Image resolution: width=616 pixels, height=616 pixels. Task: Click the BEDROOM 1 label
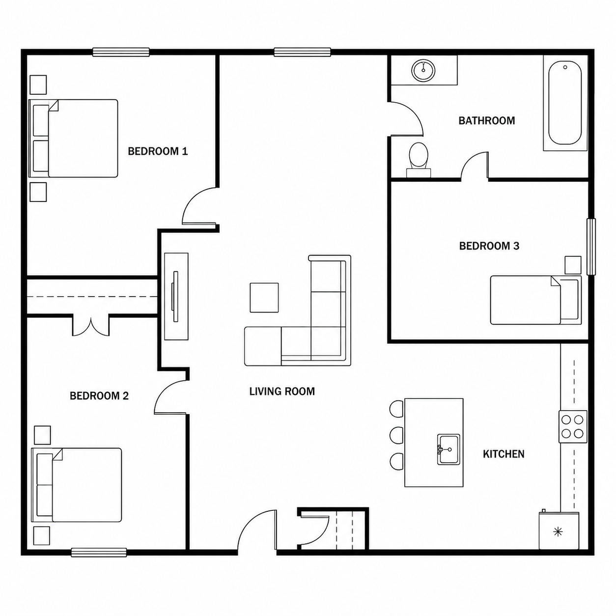point(158,151)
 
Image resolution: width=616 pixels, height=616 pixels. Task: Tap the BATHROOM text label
point(486,120)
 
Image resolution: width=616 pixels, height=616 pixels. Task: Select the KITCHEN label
point(504,454)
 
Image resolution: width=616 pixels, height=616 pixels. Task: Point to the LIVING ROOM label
point(282,392)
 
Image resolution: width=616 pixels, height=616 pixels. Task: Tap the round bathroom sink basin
point(423,70)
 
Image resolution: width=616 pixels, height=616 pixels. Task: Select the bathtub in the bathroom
point(565,103)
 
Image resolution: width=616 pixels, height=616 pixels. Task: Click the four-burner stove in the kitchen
point(573,426)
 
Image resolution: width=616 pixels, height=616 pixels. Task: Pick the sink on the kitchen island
point(448,449)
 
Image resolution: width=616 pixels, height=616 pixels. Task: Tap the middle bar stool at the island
point(396,435)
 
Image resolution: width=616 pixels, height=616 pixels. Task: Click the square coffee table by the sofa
point(264,297)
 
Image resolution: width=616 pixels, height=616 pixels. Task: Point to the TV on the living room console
point(175,296)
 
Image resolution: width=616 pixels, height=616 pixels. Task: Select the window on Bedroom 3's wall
point(592,247)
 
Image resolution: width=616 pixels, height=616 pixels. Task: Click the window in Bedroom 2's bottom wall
point(99,552)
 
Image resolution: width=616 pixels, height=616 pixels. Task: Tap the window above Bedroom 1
point(121,52)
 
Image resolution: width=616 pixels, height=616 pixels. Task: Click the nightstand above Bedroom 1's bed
point(38,84)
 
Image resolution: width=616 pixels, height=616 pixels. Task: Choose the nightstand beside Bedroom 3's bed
point(573,265)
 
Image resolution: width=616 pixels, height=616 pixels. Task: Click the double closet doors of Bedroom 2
point(91,326)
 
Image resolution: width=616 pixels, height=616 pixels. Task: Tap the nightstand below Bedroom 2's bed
point(42,536)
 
